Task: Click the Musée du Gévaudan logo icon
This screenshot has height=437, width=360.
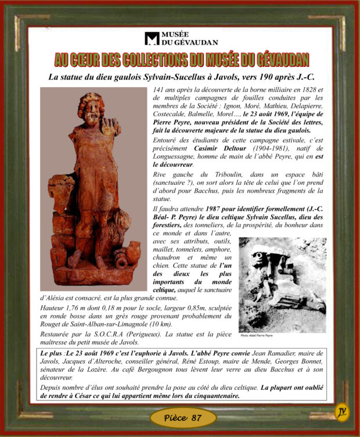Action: pos(152,38)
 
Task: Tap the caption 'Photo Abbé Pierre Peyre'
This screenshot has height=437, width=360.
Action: pos(257,335)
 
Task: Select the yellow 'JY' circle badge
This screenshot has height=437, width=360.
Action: pos(343,412)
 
